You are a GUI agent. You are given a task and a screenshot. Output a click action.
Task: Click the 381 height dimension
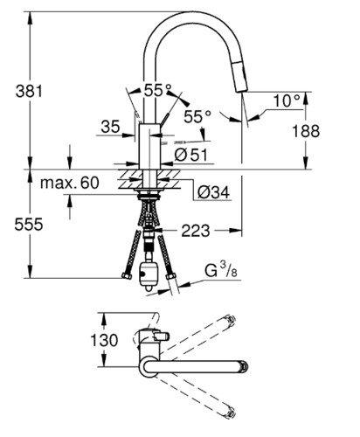(x=29, y=91)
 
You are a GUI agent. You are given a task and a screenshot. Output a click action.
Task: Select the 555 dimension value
(x=29, y=225)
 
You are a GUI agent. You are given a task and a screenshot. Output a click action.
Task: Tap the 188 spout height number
(x=306, y=131)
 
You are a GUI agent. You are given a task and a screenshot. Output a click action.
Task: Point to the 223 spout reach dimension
(x=196, y=231)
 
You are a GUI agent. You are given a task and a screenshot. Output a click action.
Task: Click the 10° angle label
(x=287, y=101)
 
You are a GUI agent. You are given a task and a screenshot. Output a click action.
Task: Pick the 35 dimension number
(x=110, y=127)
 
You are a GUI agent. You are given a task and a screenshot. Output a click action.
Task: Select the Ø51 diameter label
(x=191, y=155)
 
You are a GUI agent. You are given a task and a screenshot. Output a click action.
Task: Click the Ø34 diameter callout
(x=213, y=192)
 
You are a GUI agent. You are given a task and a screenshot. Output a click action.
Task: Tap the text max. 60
(x=70, y=183)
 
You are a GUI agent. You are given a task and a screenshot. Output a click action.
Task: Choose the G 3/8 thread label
(x=221, y=269)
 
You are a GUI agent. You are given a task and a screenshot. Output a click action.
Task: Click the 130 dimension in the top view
(x=104, y=340)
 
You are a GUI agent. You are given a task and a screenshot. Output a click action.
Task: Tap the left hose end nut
(x=126, y=275)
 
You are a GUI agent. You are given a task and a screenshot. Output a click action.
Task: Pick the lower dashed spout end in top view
(x=229, y=413)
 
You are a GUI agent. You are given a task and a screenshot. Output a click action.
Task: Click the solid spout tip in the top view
(x=244, y=366)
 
